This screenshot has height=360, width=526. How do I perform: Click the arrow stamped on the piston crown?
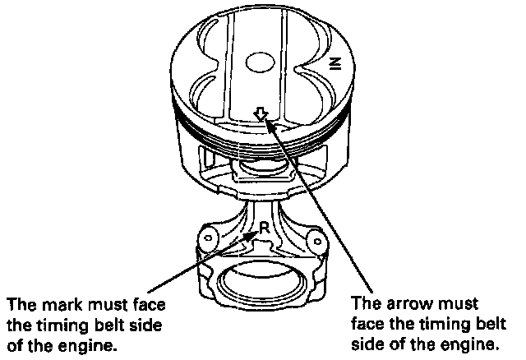261,115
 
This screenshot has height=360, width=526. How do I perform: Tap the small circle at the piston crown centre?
261,62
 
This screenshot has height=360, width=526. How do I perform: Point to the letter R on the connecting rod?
264,227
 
